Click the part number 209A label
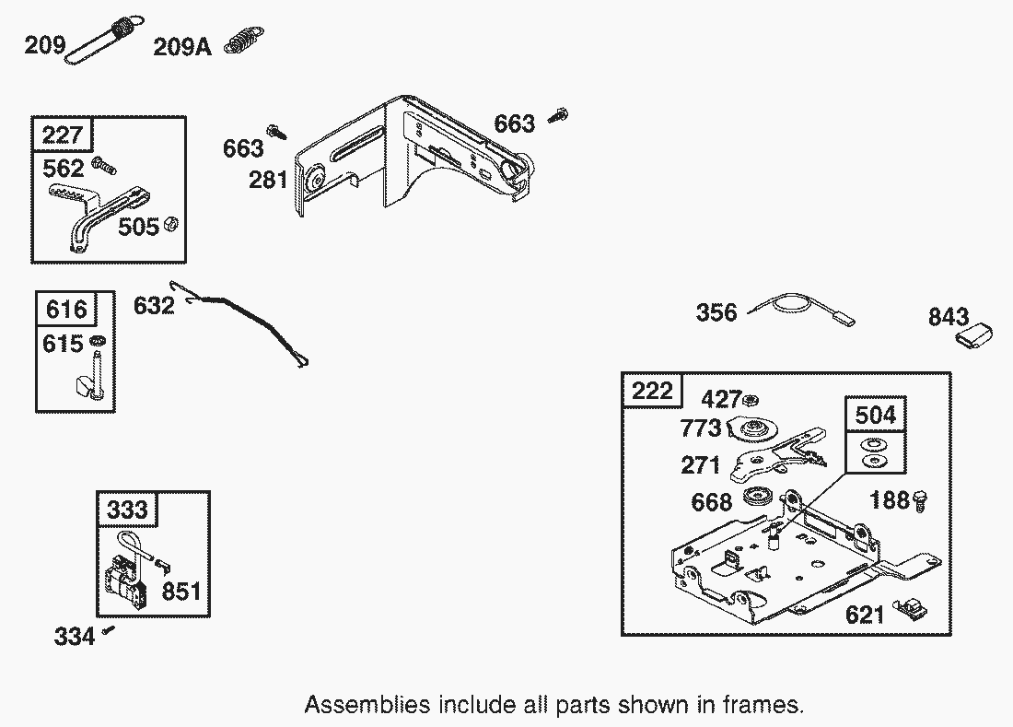coord(181,46)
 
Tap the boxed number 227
coord(63,136)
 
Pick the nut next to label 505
coord(170,224)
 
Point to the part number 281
coord(268,180)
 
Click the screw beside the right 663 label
coord(557,115)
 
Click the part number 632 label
coord(154,305)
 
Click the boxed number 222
coord(652,392)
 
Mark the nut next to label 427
coord(751,399)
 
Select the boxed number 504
coord(875,415)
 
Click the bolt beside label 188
coord(920,500)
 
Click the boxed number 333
coord(127,510)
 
